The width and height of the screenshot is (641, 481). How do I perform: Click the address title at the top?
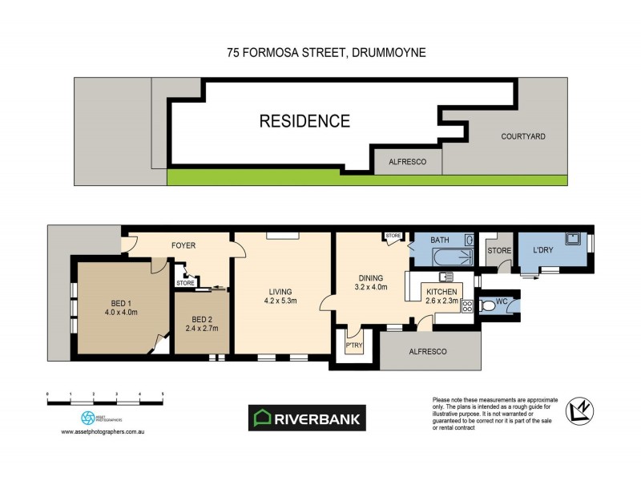(325, 52)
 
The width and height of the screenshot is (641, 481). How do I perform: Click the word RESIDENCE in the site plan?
(304, 122)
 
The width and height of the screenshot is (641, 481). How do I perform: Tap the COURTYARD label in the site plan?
(522, 136)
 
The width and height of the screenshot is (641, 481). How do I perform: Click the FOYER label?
(183, 245)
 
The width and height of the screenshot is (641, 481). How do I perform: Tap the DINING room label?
(371, 278)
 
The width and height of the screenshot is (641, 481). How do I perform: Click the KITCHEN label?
(441, 291)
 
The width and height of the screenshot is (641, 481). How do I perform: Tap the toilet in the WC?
(488, 305)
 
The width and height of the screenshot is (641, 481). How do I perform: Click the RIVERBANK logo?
(307, 417)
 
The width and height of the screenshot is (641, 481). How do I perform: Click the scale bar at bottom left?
(106, 397)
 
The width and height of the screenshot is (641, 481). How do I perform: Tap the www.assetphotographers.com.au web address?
(107, 432)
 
